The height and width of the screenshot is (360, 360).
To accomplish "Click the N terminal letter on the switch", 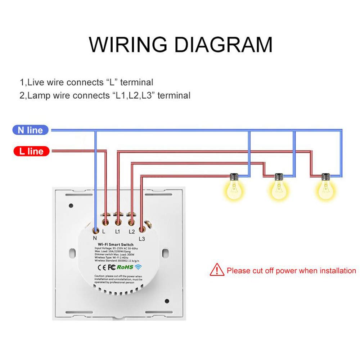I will click(95, 238).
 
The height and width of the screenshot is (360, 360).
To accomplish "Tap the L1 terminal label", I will click(118, 232).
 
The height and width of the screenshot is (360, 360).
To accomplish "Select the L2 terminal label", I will click(131, 232).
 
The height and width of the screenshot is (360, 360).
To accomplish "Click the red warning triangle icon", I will click(217, 269).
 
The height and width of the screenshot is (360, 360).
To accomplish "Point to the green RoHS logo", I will click(125, 267).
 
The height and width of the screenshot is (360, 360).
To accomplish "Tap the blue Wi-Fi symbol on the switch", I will click(138, 267).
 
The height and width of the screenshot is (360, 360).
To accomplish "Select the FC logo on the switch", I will click(112, 267).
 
